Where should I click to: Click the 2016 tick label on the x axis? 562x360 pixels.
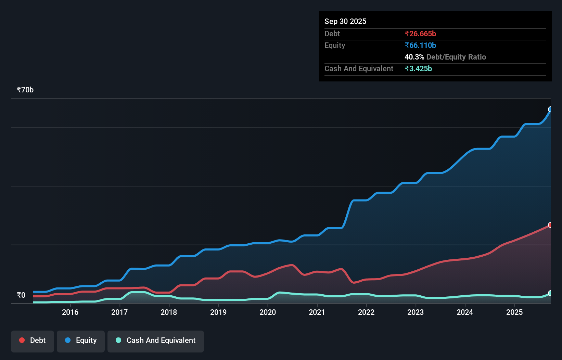(70, 312)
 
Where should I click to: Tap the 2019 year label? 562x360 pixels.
(218, 312)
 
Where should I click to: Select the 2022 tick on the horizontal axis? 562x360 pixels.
(366, 312)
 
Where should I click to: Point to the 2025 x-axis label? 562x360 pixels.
(514, 312)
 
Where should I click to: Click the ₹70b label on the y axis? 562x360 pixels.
(25, 90)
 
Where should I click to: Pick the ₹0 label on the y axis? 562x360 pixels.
(21, 295)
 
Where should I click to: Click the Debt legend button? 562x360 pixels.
(33, 340)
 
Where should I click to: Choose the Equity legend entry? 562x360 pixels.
(81, 340)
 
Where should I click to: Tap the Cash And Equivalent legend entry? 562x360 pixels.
(156, 340)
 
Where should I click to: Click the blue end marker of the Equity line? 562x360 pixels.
(550, 110)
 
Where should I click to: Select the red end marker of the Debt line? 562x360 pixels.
(550, 225)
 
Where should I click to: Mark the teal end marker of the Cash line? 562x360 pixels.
(550, 293)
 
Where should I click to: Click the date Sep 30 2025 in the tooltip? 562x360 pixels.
(345, 21)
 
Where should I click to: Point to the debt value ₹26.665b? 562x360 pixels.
(420, 34)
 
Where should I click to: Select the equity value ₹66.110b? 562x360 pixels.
(420, 45)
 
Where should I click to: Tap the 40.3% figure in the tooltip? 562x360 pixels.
(414, 57)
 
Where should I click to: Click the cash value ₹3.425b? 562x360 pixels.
(418, 68)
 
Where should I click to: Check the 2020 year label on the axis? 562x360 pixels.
(268, 312)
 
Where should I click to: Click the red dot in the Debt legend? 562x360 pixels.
(22, 340)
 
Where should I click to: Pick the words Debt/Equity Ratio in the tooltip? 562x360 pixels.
(456, 57)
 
